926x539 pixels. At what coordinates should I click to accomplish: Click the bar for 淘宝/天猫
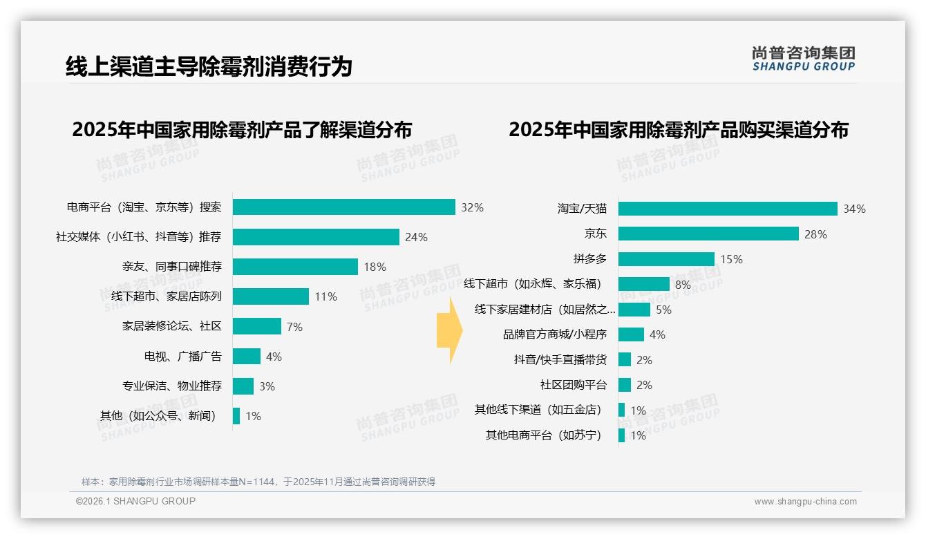[728, 209]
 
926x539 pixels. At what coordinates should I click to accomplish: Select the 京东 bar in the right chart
[708, 234]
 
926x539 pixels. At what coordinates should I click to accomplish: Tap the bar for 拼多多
[666, 259]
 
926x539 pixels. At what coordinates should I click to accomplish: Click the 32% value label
[473, 207]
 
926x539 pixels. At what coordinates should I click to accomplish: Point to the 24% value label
[417, 237]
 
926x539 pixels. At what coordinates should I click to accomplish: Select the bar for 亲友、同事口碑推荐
[295, 267]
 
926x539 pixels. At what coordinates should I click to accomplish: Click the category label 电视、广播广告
[182, 357]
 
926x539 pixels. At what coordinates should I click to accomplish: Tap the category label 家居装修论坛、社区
[172, 326]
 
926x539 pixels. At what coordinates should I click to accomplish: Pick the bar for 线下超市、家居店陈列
[271, 296]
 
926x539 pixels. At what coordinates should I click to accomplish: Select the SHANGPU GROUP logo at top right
[804, 59]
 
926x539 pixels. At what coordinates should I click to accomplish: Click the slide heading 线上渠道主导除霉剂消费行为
[209, 66]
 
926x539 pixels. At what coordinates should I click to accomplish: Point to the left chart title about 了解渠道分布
[242, 130]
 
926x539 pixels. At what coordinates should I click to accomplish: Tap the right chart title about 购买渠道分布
[679, 130]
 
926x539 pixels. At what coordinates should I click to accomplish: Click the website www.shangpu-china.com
[805, 502]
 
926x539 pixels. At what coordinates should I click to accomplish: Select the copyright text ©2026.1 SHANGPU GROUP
[135, 501]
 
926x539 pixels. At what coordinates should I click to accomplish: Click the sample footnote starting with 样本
[258, 482]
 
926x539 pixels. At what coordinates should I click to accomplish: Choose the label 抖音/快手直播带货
[560, 359]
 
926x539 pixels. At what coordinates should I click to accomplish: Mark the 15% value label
[731, 259]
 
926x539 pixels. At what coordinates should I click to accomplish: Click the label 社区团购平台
[573, 385]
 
